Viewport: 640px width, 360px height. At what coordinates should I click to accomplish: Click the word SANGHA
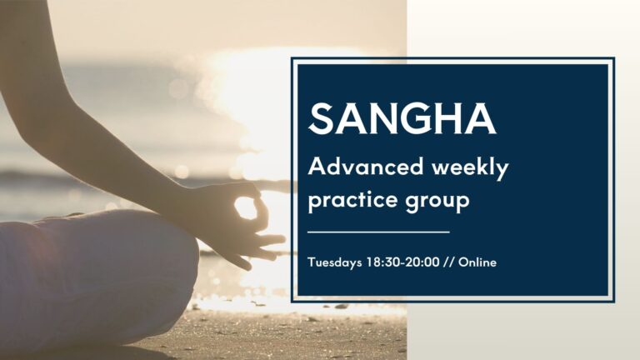[402, 119]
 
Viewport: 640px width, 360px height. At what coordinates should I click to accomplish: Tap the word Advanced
[354, 167]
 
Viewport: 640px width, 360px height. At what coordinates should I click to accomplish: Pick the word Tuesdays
[334, 262]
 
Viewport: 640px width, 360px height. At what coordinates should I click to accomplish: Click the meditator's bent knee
[125, 267]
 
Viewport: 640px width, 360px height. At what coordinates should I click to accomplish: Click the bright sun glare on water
[250, 92]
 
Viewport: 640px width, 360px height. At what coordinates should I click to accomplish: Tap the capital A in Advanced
[316, 167]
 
